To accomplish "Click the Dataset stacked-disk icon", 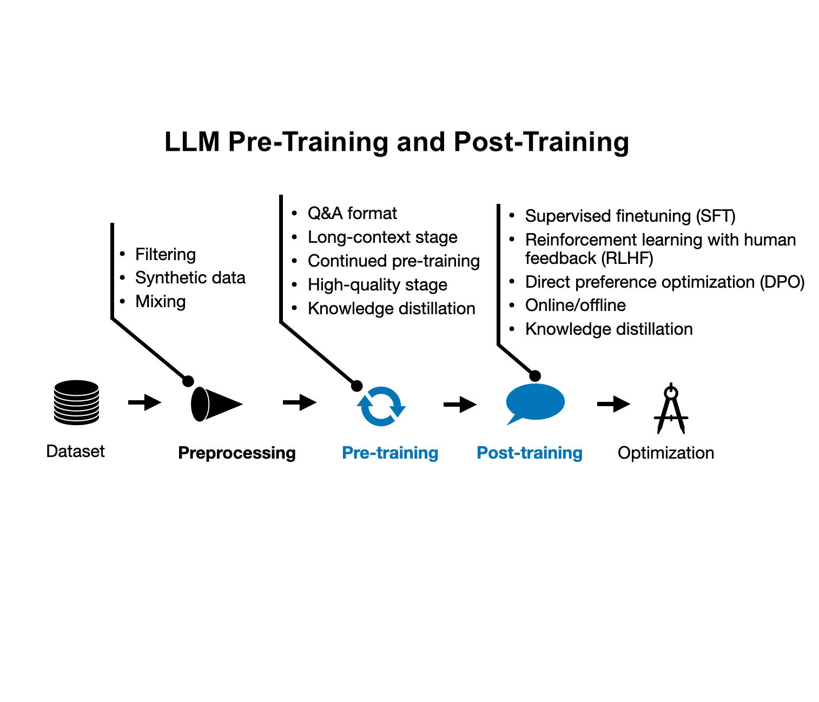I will [x=76, y=402].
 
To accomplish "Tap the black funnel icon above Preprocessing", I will [x=215, y=404].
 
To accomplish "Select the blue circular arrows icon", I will [x=381, y=406].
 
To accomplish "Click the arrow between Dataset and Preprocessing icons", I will [x=144, y=402].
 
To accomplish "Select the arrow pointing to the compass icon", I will [x=613, y=403].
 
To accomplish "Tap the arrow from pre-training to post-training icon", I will [x=460, y=404].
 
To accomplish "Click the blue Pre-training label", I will [x=390, y=453].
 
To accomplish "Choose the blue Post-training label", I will [x=529, y=453].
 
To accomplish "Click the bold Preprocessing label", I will [x=236, y=453].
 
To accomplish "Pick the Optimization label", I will [x=665, y=453].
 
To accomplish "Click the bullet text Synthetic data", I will [x=190, y=277].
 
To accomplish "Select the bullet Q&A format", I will [x=352, y=213].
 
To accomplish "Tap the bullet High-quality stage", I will [x=377, y=284].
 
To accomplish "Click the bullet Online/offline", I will [x=575, y=305].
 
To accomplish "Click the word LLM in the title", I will [x=192, y=142].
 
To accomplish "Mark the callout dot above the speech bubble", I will [x=535, y=376].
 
